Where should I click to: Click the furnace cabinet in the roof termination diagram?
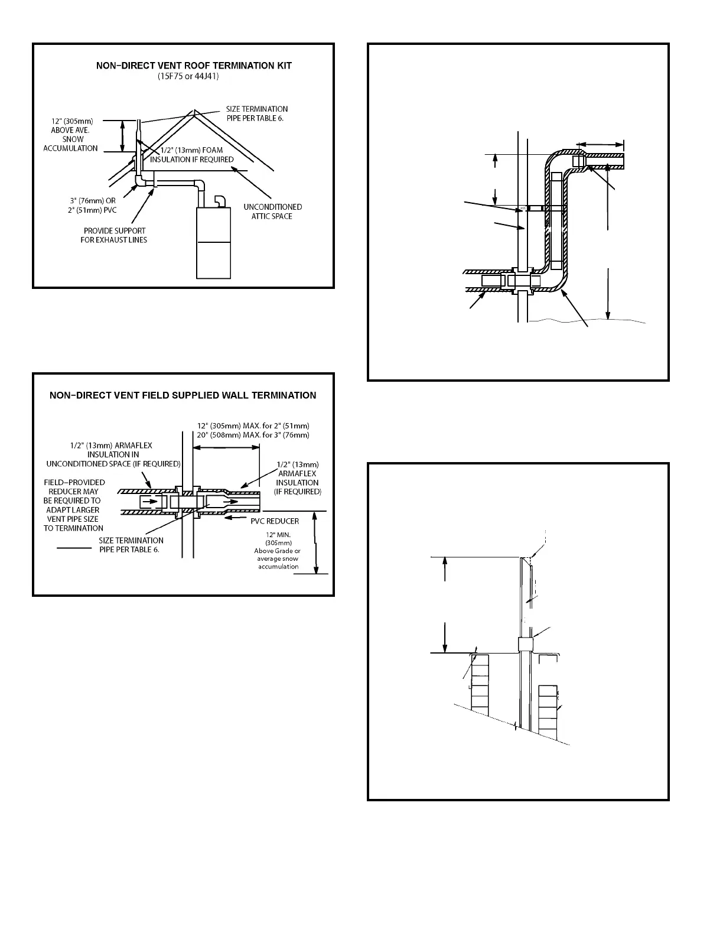[x=213, y=242]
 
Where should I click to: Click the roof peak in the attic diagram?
[x=194, y=111]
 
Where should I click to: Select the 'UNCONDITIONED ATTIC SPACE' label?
[x=272, y=212]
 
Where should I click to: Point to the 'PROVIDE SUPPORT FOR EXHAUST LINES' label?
[x=113, y=235]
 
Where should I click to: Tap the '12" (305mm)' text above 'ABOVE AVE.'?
[x=71, y=121]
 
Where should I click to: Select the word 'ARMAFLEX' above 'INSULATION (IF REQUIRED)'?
[x=297, y=473]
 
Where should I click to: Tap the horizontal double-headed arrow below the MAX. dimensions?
[x=227, y=447]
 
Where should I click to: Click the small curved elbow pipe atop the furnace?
[x=220, y=201]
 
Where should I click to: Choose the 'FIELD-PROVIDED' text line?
[x=74, y=482]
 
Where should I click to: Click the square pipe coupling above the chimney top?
[x=525, y=643]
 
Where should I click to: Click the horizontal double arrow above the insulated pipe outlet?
[x=600, y=144]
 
